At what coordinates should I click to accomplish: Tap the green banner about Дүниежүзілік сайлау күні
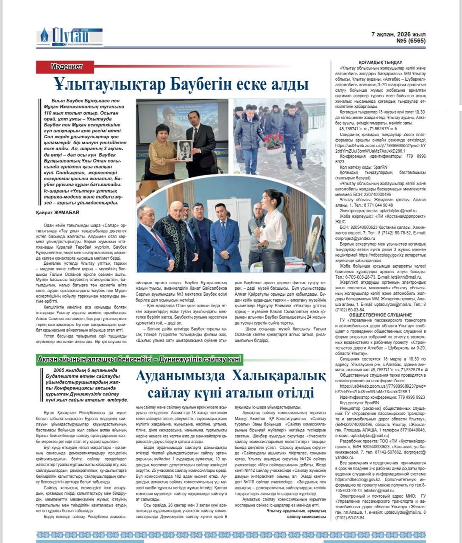pyautogui.click(x=139, y=359)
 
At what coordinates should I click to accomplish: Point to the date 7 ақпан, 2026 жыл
pyautogui.click(x=398, y=34)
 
